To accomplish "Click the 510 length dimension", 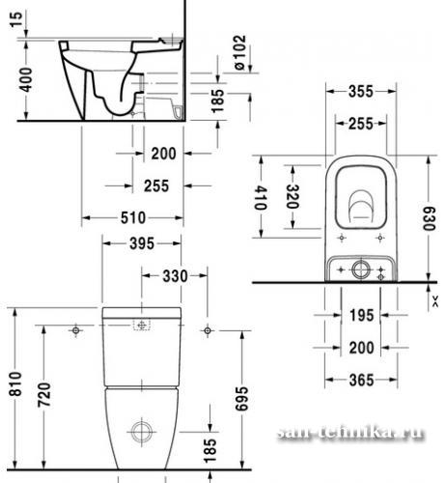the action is (133, 218).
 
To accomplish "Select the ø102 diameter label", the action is (240, 52).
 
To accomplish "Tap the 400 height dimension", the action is (25, 79).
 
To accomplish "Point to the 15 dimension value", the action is (17, 19).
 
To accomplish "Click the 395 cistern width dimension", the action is (142, 243).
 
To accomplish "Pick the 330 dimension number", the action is (175, 276).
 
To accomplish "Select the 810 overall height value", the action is (15, 384).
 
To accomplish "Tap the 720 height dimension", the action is (44, 395).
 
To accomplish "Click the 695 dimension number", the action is (241, 399).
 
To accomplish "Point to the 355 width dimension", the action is (361, 92).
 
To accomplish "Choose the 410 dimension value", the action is (261, 198).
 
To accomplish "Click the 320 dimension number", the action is (293, 196).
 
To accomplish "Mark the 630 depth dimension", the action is (429, 219).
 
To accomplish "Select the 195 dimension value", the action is (362, 315).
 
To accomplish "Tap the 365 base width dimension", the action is (362, 380).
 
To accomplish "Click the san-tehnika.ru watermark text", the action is (350, 433).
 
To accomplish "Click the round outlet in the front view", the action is (142, 432).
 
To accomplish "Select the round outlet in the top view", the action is (361, 270).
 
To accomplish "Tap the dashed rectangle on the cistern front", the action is (142, 325).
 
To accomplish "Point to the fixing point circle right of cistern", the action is (208, 330).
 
